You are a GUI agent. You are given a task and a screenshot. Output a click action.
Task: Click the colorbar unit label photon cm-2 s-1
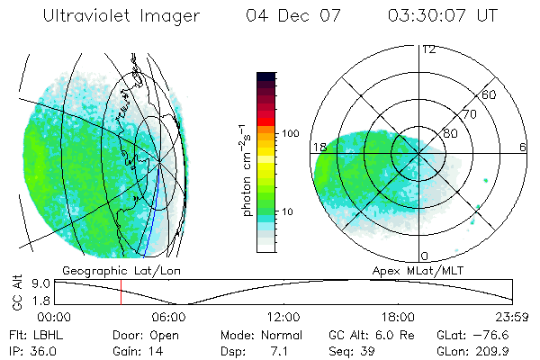pos(246,166)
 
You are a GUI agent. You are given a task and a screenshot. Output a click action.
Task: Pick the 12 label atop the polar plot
pos(428,49)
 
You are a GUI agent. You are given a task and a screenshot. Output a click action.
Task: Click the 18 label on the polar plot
pos(319,147)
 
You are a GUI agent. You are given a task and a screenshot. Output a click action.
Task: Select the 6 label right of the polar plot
pos(523,147)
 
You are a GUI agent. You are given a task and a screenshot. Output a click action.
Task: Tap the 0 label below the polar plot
pos(424,256)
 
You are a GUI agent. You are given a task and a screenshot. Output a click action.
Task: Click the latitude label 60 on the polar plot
pos(490,94)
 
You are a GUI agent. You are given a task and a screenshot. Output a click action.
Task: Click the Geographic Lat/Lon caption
pos(107,270)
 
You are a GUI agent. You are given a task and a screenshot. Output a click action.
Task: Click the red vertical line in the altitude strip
pos(121,292)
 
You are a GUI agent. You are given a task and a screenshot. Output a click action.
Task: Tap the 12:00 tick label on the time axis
pos(283,317)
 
